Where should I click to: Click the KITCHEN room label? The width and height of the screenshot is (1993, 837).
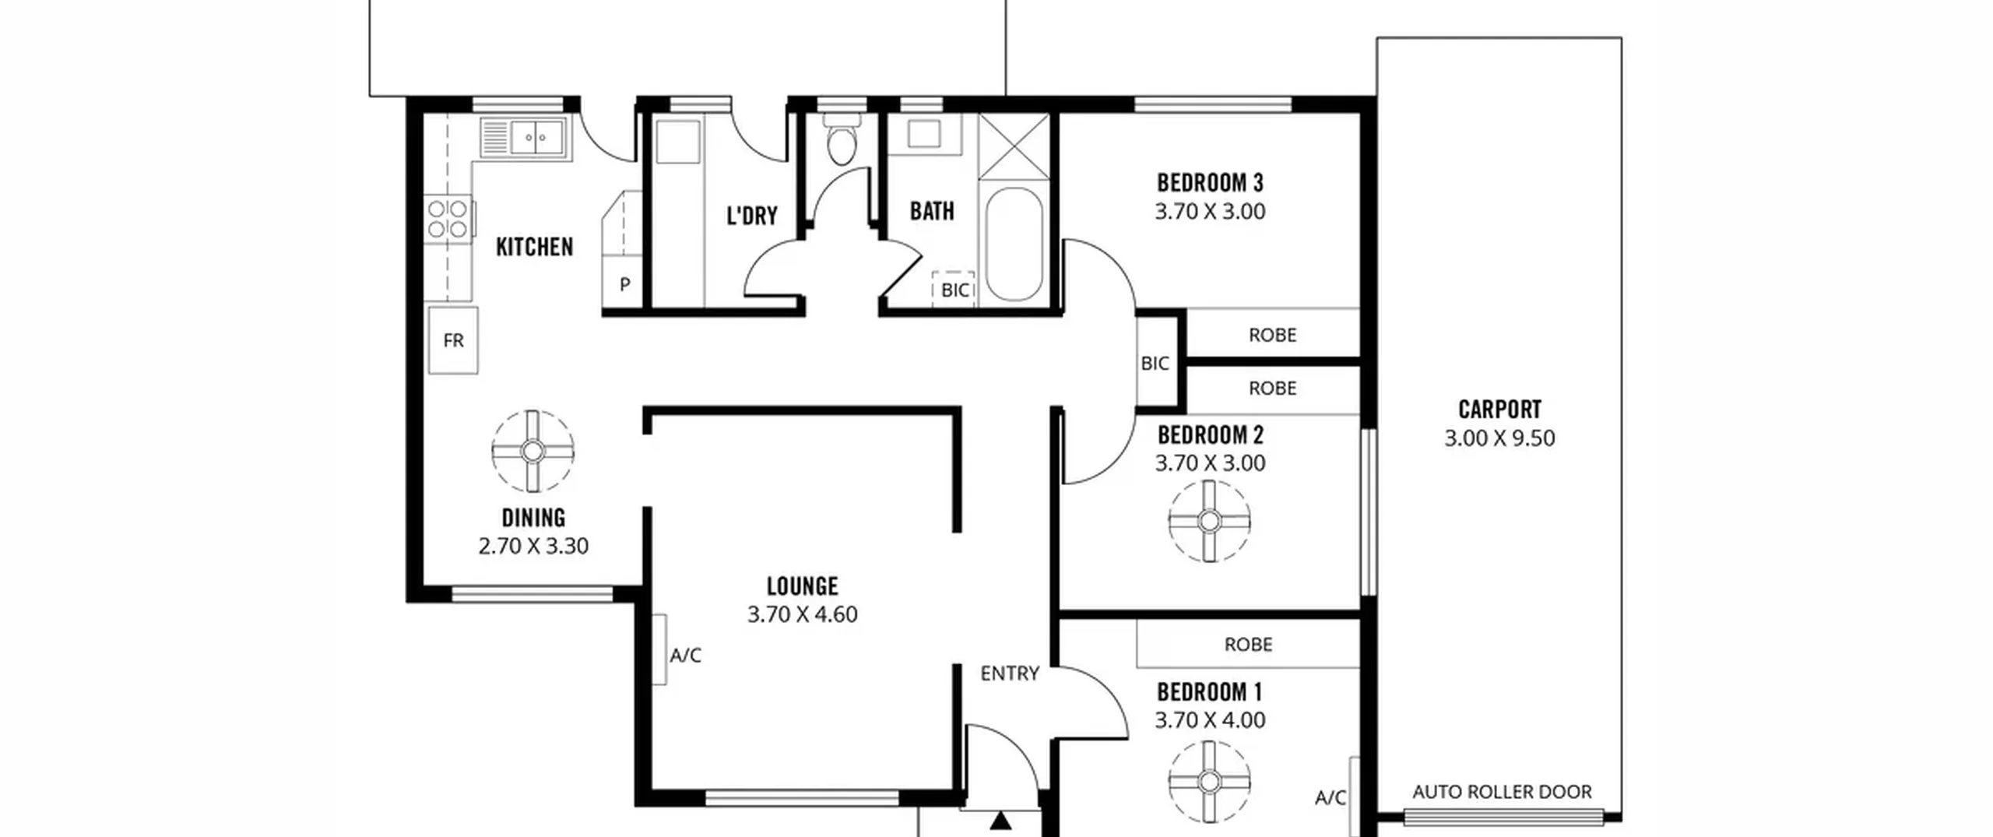(534, 248)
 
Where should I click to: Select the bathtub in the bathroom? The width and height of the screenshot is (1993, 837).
(1014, 244)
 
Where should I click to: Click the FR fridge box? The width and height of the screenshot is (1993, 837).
(453, 340)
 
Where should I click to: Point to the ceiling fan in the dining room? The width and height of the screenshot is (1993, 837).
(533, 451)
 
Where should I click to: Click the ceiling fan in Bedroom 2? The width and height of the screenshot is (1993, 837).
(1209, 521)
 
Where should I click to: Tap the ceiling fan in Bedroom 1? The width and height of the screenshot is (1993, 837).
(1209, 781)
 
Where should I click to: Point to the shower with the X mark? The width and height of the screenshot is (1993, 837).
(1014, 146)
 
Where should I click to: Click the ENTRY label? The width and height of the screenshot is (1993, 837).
(1010, 673)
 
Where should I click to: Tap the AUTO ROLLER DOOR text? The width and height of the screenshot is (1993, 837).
(1502, 792)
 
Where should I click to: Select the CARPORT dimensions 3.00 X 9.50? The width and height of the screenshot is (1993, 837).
(1499, 438)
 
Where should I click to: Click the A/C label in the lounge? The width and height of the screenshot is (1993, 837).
(686, 656)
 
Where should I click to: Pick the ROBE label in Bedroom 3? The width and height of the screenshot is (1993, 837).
(1272, 335)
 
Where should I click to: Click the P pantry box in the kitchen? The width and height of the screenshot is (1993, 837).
(624, 284)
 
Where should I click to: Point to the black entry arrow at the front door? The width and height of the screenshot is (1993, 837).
(1001, 821)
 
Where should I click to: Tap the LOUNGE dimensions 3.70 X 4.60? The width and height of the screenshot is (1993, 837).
(803, 614)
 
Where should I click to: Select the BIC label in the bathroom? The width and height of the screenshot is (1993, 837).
(955, 290)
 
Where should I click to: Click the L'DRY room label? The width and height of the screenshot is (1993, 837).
(752, 216)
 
